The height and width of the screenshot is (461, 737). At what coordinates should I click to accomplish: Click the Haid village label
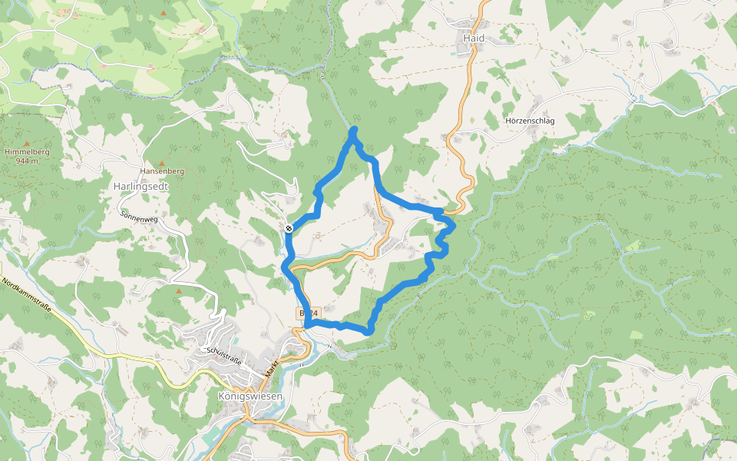pos(474,38)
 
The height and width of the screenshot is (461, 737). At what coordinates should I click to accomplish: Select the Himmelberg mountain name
pos(27,152)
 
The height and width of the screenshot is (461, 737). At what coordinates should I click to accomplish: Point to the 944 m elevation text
pos(27,161)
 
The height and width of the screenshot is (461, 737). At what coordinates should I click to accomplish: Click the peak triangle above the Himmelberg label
pos(27,144)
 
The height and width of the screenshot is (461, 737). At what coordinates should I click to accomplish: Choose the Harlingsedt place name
pos(140,186)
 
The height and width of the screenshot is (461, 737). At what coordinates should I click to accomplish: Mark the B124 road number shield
pos(308,313)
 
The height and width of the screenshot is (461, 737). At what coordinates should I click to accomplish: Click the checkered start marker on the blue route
pos(289,227)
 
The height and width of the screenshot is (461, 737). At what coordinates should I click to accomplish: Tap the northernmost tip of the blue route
pos(354,130)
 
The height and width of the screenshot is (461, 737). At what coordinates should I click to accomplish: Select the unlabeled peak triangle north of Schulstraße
pos(179,291)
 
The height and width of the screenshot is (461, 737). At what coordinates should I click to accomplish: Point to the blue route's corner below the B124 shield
pos(307,326)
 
